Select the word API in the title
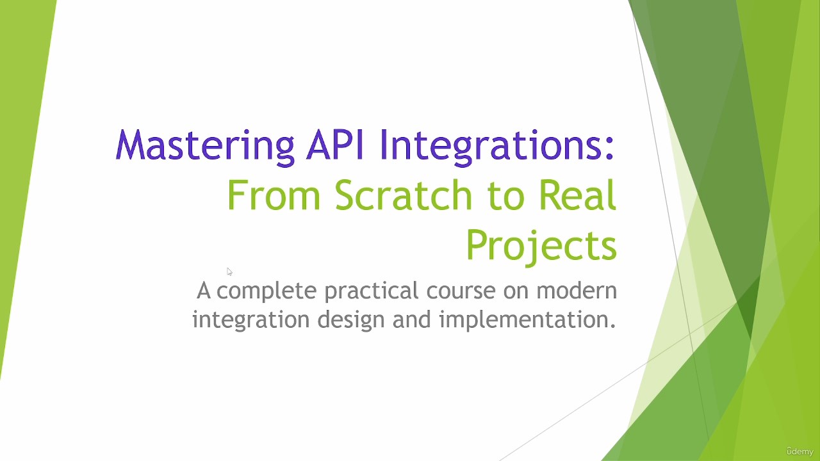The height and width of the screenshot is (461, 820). point(334,145)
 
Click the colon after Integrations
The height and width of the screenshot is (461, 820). point(609,150)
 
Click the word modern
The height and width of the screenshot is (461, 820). point(577,291)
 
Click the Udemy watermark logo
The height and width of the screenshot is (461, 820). point(800,451)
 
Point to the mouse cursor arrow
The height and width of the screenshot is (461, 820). point(229,272)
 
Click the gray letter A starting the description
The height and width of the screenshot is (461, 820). point(204,291)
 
